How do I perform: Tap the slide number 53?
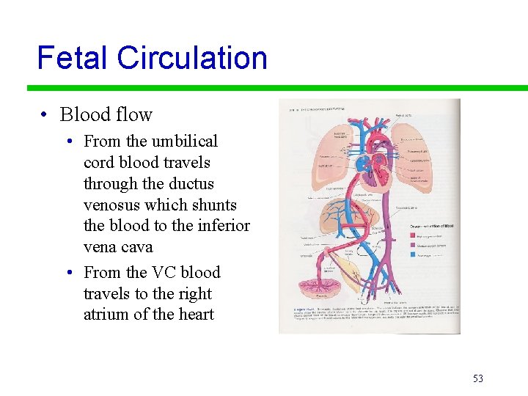[x=478, y=378]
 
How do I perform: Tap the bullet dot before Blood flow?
[x=45, y=114]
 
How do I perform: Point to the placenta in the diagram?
[x=312, y=289]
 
